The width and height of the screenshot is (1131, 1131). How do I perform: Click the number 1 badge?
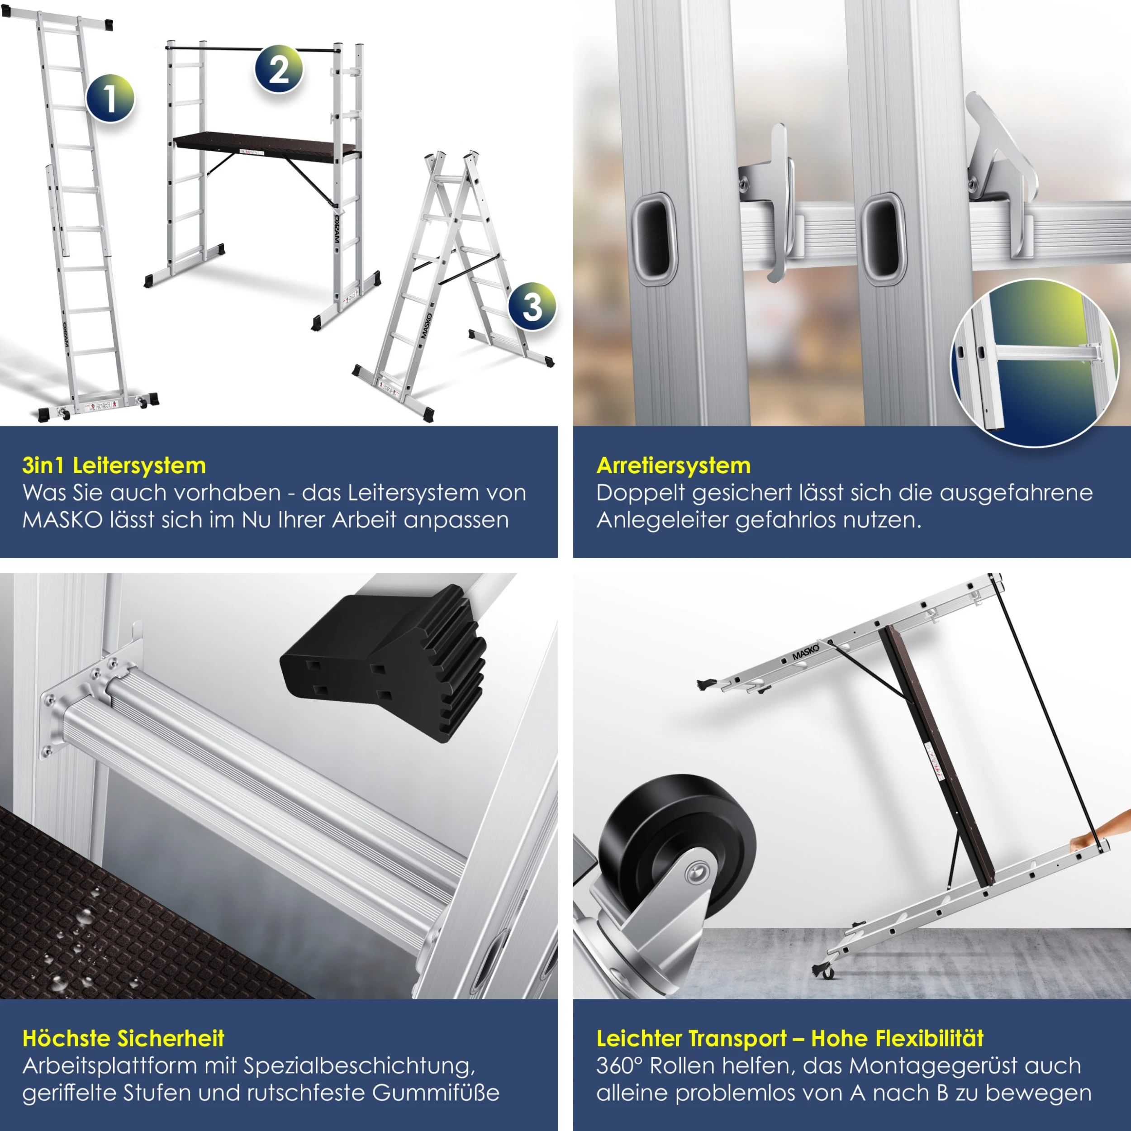[110, 98]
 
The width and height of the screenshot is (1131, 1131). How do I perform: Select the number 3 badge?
[532, 306]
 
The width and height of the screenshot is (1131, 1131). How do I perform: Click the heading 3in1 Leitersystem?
[114, 466]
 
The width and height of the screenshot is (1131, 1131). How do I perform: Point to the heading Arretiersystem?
[673, 466]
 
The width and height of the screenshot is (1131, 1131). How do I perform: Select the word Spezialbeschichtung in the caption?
[359, 1065]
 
